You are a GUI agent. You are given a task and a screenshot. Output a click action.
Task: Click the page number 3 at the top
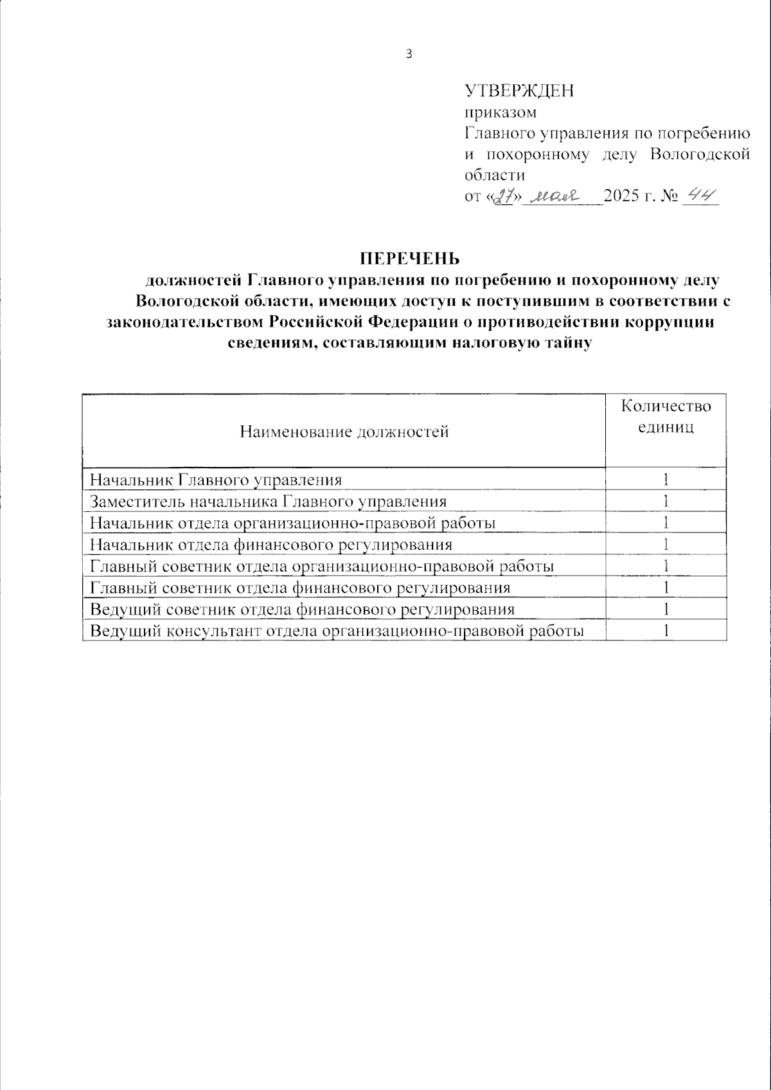tap(409, 54)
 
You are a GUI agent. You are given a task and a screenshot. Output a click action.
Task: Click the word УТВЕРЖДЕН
tap(519, 91)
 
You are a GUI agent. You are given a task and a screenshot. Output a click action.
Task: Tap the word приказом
tap(500, 112)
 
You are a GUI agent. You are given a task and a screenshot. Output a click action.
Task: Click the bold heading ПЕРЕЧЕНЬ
tap(409, 258)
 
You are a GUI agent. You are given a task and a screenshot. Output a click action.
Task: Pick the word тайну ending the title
tap(567, 343)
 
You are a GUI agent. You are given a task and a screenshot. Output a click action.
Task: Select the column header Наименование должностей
tap(344, 431)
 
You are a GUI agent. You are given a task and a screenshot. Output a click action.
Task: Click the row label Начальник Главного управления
tap(216, 479)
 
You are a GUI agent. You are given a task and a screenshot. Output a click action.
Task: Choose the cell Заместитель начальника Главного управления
tap(268, 501)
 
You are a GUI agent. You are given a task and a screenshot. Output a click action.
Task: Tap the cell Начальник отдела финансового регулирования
tap(270, 545)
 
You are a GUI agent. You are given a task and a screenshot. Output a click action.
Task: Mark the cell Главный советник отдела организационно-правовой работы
tap(322, 566)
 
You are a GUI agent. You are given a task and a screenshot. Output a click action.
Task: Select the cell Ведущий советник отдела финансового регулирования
tap(302, 609)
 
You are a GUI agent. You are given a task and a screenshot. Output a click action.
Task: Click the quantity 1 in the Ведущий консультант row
tap(666, 631)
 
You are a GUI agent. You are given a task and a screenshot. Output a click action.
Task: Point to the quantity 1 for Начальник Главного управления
tap(666, 479)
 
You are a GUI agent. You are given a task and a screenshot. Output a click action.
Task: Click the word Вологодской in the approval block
tap(700, 154)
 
